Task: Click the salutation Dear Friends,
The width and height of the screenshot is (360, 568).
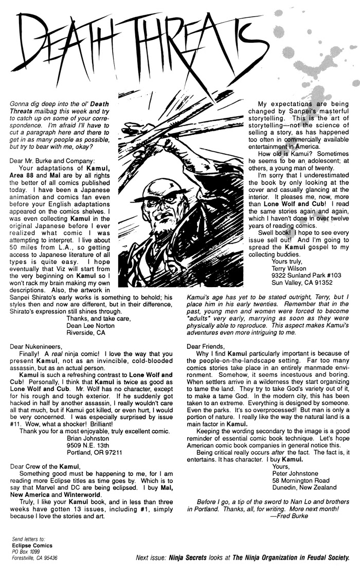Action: pos(206,346)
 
